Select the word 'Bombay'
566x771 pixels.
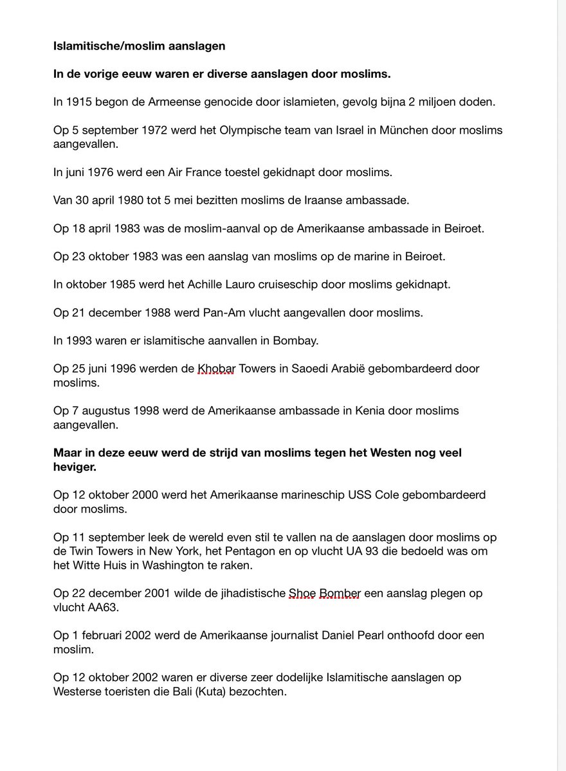click(295, 341)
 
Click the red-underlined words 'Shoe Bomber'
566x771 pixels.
click(323, 593)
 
